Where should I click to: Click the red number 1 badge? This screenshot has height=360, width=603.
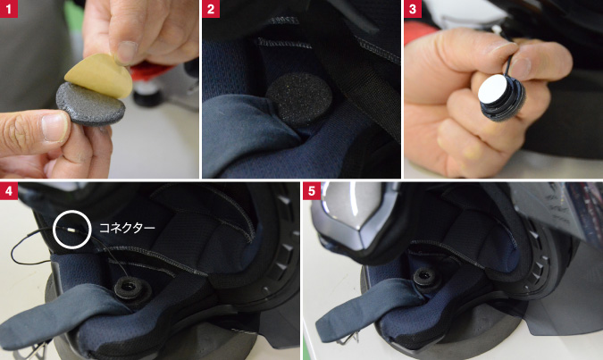pyautogui.click(x=8, y=8)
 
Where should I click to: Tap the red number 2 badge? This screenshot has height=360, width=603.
pyautogui.click(x=211, y=8)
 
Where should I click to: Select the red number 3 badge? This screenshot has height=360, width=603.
pyautogui.click(x=413, y=8)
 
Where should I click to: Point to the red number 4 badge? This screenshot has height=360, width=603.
pyautogui.click(x=8, y=191)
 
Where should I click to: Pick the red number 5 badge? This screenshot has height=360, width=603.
pyautogui.click(x=312, y=191)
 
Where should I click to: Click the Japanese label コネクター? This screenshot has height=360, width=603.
pyautogui.click(x=127, y=228)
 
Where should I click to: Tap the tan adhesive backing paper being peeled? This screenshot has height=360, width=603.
pyautogui.click(x=99, y=75)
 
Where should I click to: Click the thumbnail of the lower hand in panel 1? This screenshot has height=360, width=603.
pyautogui.click(x=55, y=125)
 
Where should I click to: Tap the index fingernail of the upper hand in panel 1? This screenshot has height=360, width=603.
pyautogui.click(x=127, y=50)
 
